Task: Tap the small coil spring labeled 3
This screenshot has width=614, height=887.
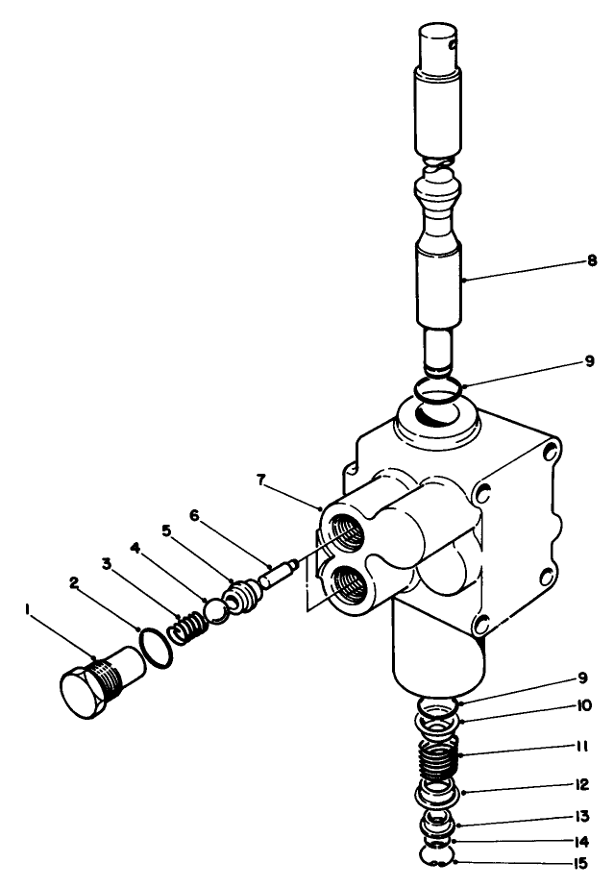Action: [x=186, y=629]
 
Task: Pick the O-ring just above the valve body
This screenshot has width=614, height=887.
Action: [x=438, y=391]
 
